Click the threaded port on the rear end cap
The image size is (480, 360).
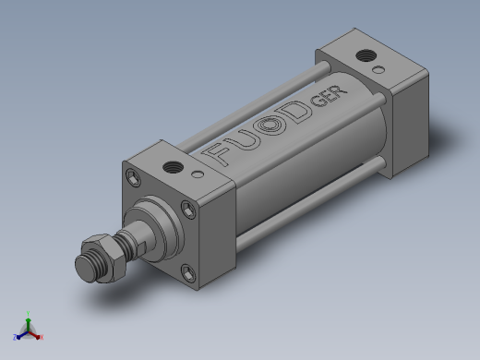(366, 55)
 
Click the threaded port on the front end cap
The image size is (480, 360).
(173, 168)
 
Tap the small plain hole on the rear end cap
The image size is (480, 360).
(378, 70)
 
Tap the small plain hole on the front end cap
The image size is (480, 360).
(198, 174)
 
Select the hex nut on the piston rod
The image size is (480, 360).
(103, 258)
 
